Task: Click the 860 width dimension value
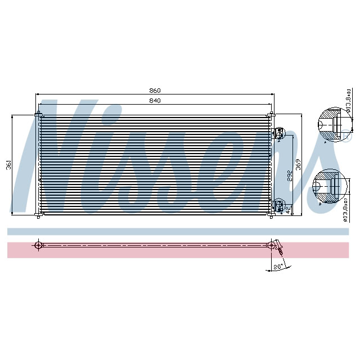point(155,91)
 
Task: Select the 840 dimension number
point(155,101)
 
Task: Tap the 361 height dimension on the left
point(8,165)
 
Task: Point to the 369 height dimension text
point(299,165)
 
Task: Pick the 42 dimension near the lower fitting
point(287,209)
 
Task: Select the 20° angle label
point(277,267)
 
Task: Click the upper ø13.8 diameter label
point(349,101)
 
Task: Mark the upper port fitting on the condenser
point(277,133)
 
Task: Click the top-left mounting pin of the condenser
point(38,115)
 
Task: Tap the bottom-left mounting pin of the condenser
point(38,215)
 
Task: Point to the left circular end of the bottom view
point(38,245)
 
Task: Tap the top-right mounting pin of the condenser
point(272,115)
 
